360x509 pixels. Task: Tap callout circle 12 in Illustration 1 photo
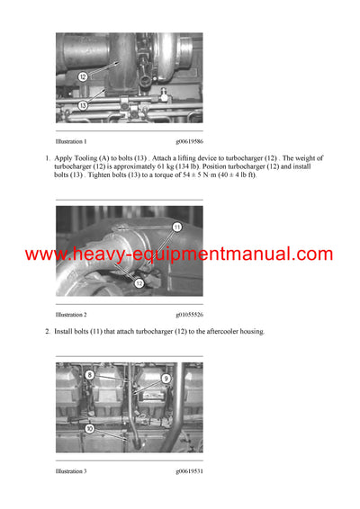(x=82, y=76)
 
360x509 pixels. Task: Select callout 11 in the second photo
(x=176, y=227)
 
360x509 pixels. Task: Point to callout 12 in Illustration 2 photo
(x=139, y=282)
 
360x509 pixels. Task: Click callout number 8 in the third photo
(x=90, y=373)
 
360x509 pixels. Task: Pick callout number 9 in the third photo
(x=165, y=379)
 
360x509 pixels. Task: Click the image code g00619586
(x=189, y=141)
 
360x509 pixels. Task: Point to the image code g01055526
(x=189, y=315)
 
